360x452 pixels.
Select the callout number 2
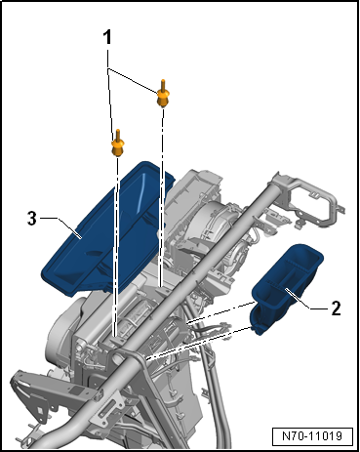click(x=336, y=308)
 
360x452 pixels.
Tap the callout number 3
click(x=31, y=219)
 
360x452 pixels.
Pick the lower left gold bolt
click(x=118, y=144)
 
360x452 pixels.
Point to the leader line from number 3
click(x=60, y=226)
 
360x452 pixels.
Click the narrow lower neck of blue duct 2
click(x=262, y=316)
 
